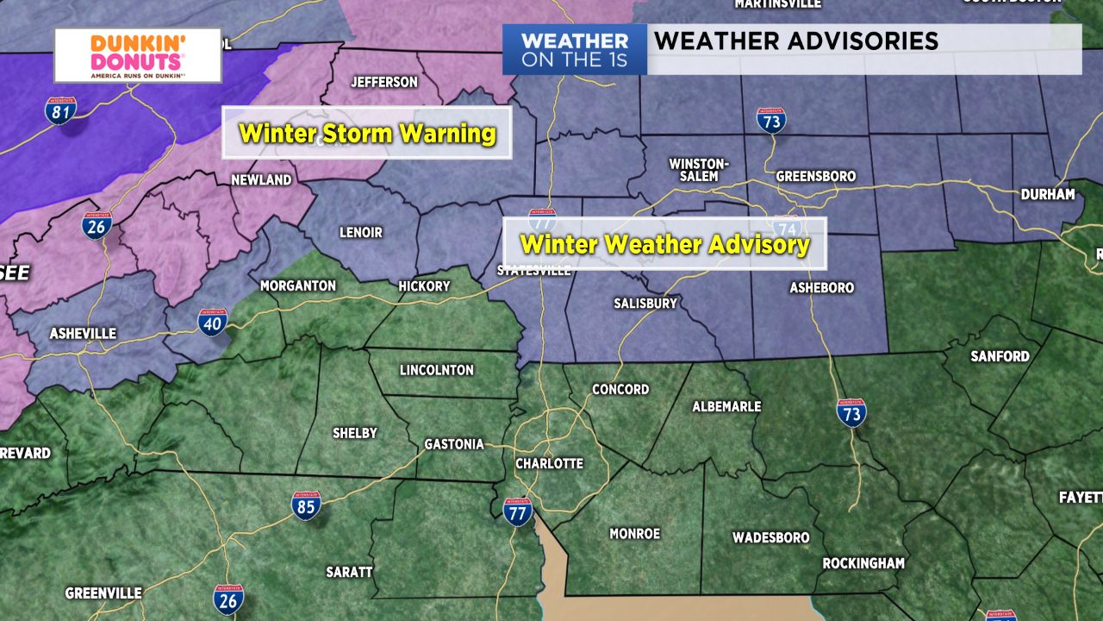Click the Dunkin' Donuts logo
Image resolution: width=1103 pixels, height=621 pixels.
[x=138, y=55]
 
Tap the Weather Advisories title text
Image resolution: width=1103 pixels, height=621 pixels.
[x=795, y=41]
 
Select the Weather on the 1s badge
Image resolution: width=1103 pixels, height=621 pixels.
[x=575, y=50]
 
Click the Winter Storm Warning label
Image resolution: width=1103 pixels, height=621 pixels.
[x=367, y=134]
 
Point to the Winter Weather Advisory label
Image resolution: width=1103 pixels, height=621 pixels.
[x=664, y=244]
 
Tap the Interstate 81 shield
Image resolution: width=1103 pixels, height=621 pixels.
[x=61, y=110]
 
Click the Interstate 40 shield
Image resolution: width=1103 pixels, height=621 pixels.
[x=212, y=322]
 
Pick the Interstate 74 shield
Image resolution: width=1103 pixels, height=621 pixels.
[x=786, y=229]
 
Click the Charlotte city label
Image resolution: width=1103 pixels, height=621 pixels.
[x=549, y=463]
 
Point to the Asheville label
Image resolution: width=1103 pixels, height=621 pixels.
[x=83, y=333]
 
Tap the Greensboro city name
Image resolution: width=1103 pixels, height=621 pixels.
[x=816, y=176]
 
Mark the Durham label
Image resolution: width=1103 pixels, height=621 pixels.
[x=1048, y=194]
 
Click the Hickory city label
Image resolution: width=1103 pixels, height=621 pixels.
[x=424, y=285]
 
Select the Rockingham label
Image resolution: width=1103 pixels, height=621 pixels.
[x=863, y=563]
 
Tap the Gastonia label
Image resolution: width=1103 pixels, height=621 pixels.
[x=454, y=444]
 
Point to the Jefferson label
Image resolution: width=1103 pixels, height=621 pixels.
[x=383, y=82]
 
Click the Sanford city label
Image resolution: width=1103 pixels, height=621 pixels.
[x=1000, y=355]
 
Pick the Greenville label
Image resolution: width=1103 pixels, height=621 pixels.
[x=103, y=593]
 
